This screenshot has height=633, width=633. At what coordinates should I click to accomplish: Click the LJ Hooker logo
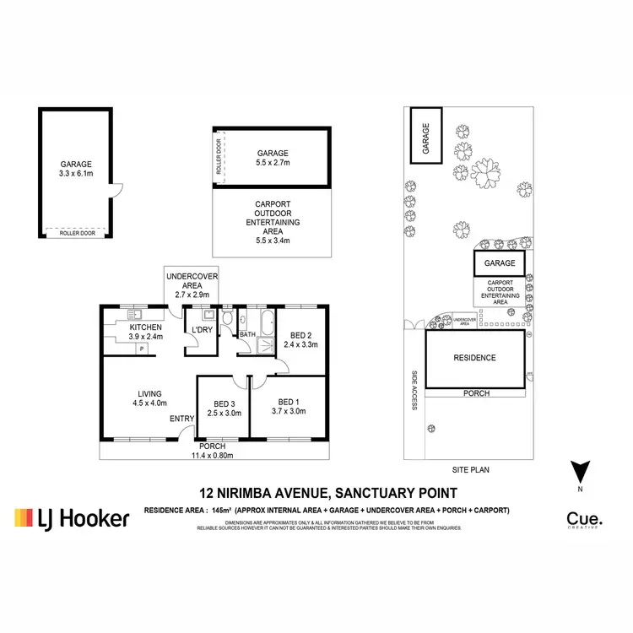pos(72,517)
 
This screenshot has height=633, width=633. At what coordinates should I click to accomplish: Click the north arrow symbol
pos(579,473)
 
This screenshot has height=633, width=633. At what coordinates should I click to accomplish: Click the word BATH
pos(247,335)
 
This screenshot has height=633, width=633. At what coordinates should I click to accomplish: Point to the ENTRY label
pos(181,419)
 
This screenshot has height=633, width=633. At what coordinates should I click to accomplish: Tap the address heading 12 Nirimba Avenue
pos(328,493)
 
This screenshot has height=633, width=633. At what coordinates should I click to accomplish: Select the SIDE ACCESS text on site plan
pos(415,391)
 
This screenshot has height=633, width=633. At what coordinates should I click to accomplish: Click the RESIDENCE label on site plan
pos(475,358)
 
